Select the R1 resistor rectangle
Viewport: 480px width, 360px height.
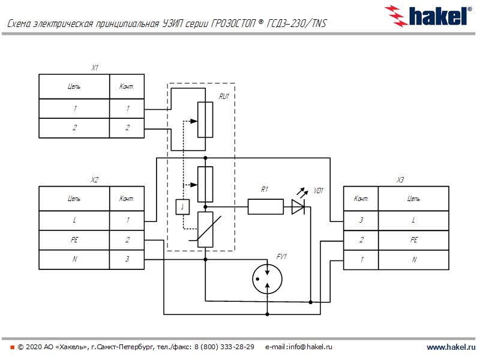coord(265,207)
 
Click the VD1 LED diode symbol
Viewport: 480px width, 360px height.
coord(299,207)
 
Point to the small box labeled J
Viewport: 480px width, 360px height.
coord(182,207)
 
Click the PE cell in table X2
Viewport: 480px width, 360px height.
coord(74,241)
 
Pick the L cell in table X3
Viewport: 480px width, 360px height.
coord(413,220)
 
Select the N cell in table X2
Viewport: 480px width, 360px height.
coord(74,260)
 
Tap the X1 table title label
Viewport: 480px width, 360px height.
coord(94,68)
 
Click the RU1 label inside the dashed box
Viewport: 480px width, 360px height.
coord(224,95)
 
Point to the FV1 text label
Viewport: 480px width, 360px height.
coord(281,257)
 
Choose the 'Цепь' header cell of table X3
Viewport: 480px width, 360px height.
coord(413,198)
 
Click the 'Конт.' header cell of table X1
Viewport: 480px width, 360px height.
coord(127,87)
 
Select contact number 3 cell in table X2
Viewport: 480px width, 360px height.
coord(127,260)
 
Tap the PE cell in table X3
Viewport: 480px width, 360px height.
coord(413,240)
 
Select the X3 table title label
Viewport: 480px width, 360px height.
coord(400,180)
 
